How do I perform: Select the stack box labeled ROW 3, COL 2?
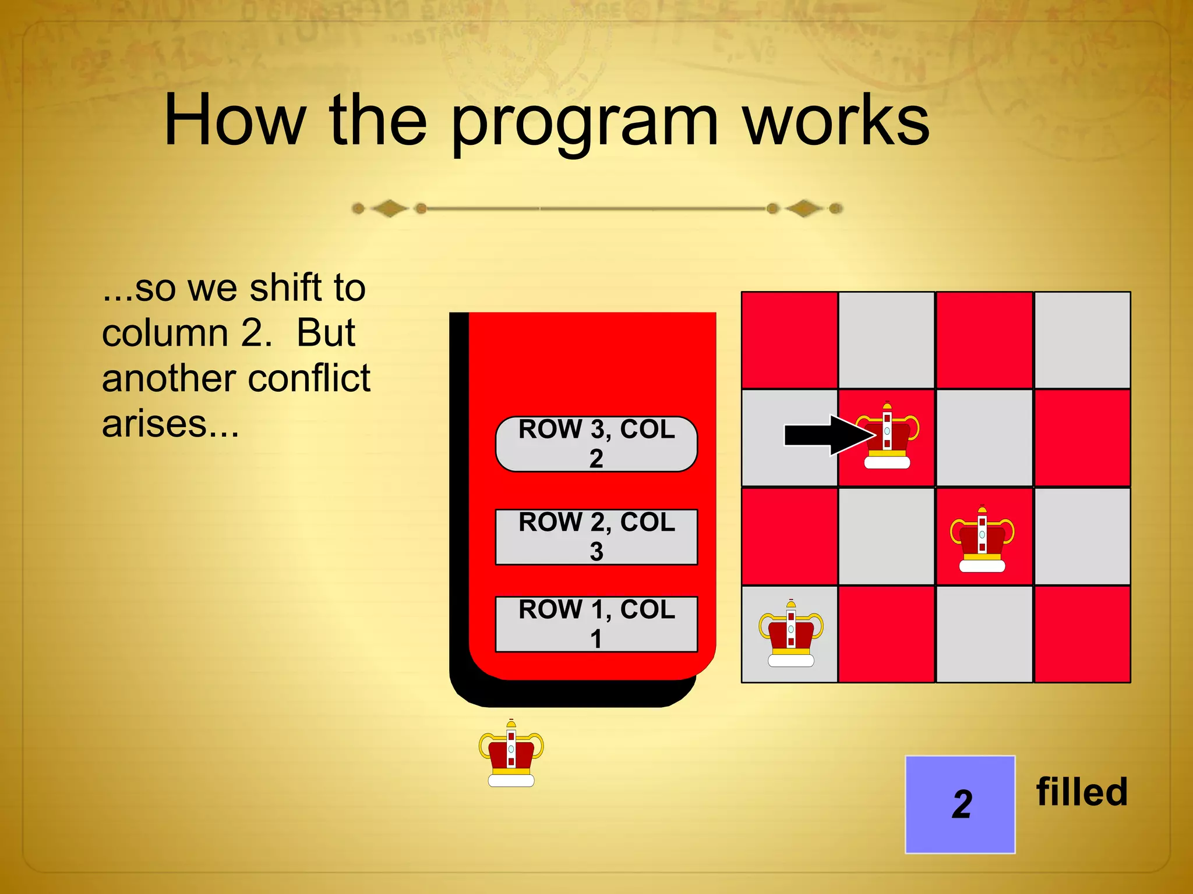[596, 444]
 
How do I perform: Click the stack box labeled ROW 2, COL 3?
[596, 537]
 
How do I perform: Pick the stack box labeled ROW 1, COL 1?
[596, 624]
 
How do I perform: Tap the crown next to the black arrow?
[888, 437]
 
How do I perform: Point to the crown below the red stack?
[511, 754]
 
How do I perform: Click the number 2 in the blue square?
[962, 805]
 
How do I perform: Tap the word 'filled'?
[1082, 792]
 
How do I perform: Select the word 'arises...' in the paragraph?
[171, 424]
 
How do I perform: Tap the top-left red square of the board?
[789, 340]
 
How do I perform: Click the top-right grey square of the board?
[1082, 340]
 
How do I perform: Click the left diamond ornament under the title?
[389, 208]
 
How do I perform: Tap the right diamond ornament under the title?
[804, 208]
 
